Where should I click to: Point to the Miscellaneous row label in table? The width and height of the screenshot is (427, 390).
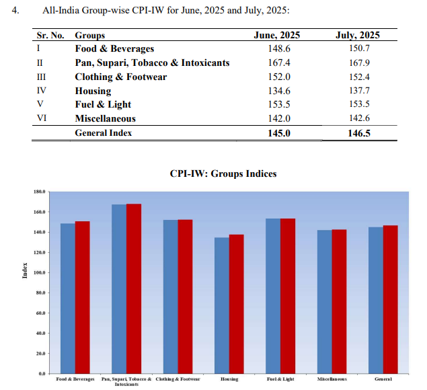105,119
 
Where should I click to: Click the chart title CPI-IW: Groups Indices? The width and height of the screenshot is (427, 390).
223,173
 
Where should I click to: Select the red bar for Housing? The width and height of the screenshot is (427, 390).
237,303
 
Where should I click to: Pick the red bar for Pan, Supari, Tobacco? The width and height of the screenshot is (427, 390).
134,288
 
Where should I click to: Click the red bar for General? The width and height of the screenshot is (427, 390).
391,299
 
